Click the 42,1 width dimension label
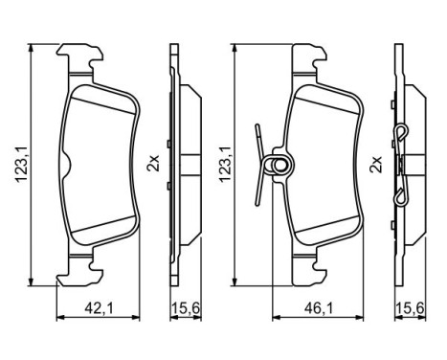[x=92, y=307]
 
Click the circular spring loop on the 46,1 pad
[x=279, y=166]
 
